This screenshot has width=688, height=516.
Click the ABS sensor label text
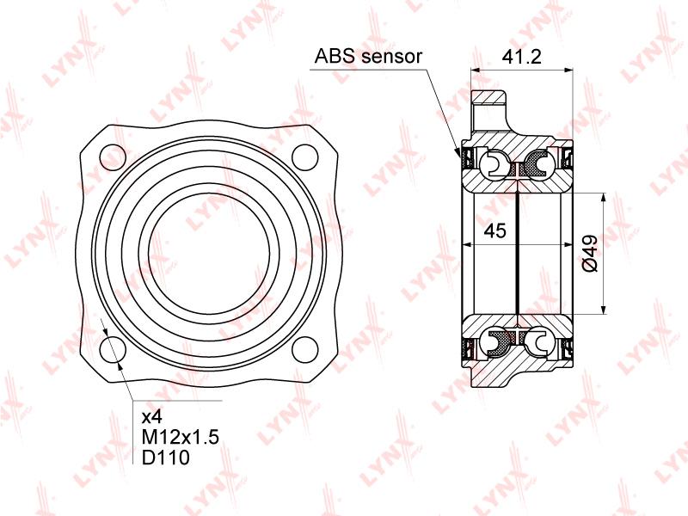[368, 56]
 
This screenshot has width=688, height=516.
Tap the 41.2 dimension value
[521, 57]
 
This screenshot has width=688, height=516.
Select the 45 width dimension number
[495, 230]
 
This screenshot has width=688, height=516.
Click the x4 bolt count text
[151, 416]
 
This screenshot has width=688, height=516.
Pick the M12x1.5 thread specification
[181, 437]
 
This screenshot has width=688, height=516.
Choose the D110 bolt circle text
[166, 458]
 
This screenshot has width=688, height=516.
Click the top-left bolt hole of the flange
[113, 157]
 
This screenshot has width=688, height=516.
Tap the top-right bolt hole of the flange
[305, 157]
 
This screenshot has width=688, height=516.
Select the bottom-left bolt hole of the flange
[113, 349]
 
